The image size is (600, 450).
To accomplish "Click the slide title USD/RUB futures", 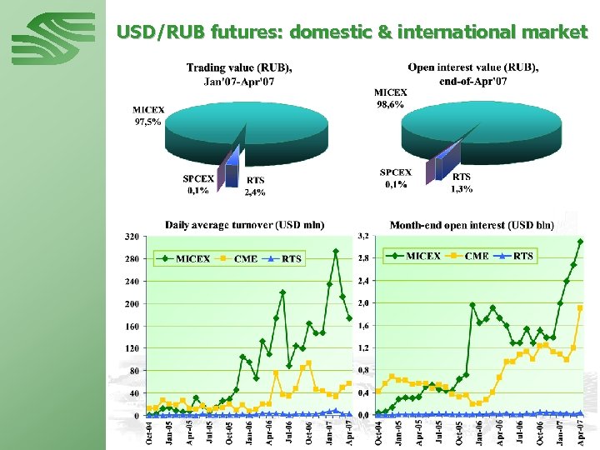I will coord(352,32).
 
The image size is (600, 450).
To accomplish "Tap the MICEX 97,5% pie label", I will coord(148,115).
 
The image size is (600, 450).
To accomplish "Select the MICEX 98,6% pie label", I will coord(390,98).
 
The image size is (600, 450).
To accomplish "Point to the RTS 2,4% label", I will coord(255,186).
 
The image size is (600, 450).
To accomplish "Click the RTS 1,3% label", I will coord(462,182).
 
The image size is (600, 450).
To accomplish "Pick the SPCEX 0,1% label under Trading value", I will coord(198,184).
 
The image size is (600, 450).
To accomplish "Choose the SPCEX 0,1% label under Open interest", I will coord(396,178).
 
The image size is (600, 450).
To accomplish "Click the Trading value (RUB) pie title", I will coord(239,74).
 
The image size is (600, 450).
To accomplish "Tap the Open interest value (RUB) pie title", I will coord(472,73).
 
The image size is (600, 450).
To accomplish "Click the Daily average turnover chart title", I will coord(244,225).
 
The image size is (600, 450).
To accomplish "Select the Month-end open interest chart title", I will coord(472,225).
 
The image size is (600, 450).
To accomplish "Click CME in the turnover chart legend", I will coord(247,258).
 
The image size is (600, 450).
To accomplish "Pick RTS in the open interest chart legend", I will coord(523,256).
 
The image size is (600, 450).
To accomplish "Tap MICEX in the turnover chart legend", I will coord(192,258).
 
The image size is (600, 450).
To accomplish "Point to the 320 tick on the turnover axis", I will coord(132,237).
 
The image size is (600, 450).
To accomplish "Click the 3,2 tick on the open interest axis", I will coord(364,237).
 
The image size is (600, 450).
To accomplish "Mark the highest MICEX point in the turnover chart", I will coord(336,251).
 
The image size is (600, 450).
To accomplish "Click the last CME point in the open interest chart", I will coord(580,307).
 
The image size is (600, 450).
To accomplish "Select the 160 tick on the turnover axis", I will coord(132,326).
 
